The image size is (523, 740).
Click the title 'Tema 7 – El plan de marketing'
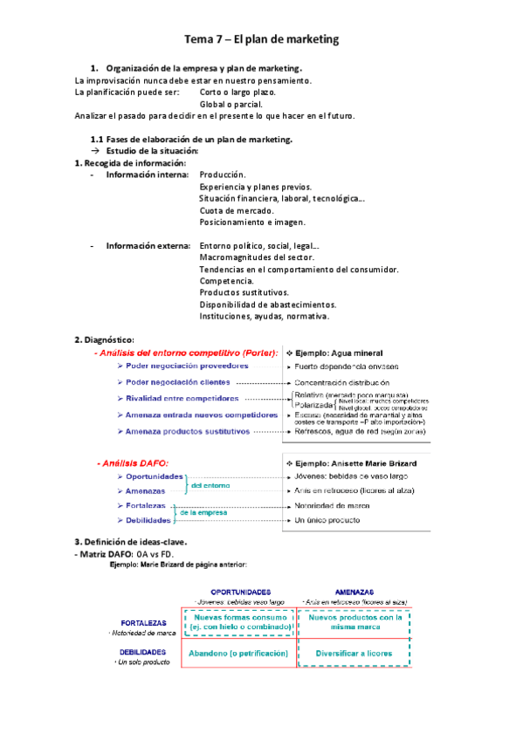[261, 39]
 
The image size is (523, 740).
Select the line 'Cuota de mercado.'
[237, 210]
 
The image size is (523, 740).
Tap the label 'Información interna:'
[147, 175]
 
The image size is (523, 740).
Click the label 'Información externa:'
[147, 245]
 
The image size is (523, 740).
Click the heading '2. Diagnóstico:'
[104, 339]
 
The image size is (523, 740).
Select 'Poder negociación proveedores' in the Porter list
[180, 367]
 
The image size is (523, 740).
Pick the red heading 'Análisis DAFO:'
[132, 462]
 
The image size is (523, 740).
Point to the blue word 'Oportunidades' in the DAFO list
[155, 476]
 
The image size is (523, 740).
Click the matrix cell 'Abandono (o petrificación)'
[238, 653]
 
